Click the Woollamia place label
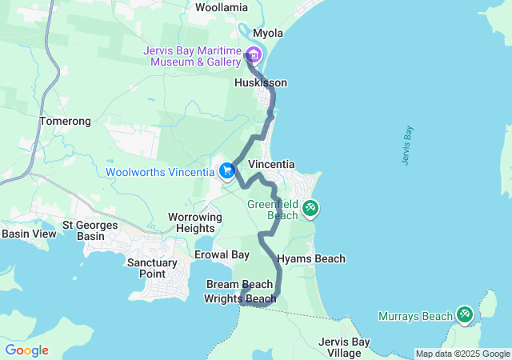(x=222, y=7)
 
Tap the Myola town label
(x=269, y=33)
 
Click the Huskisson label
(x=260, y=83)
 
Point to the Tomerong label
(x=65, y=122)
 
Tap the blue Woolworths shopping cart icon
(x=227, y=170)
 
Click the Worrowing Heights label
(x=194, y=222)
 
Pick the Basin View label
(x=29, y=234)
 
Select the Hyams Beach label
(x=310, y=258)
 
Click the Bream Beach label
(x=239, y=284)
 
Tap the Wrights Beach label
(x=240, y=299)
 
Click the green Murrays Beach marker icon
(x=464, y=314)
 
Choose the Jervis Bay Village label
(x=344, y=347)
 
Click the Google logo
(x=26, y=350)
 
